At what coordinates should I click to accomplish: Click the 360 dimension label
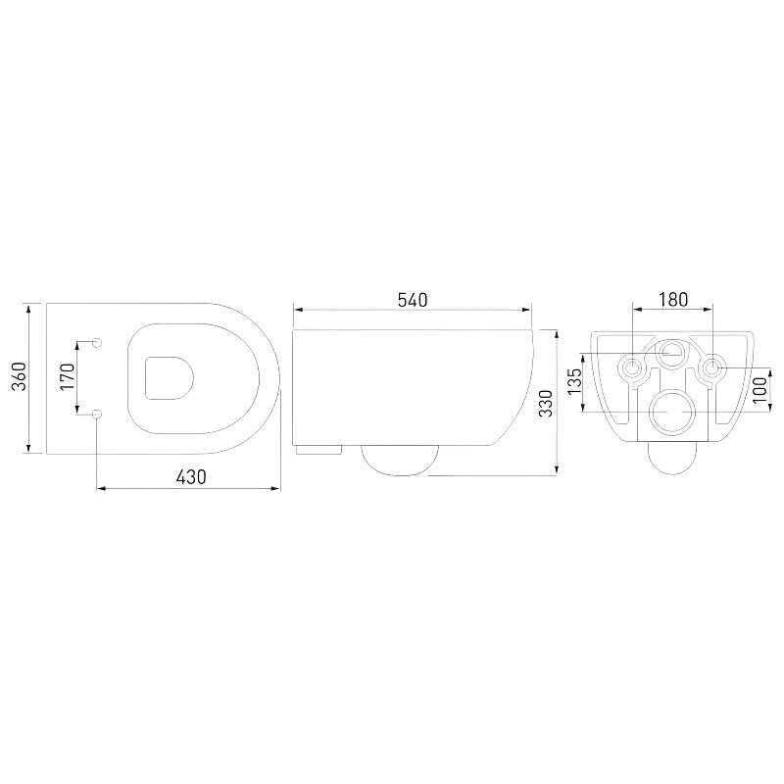point(19,376)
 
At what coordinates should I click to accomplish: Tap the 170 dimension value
point(67,377)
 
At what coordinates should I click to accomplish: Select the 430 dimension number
point(191,477)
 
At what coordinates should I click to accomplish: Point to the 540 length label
point(413,300)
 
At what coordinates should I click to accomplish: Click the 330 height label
point(547,403)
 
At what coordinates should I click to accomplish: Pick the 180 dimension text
point(673,300)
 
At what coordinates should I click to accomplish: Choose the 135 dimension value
point(575,380)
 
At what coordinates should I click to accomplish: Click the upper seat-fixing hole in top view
point(97,342)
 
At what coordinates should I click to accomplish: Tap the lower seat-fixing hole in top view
point(97,414)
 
